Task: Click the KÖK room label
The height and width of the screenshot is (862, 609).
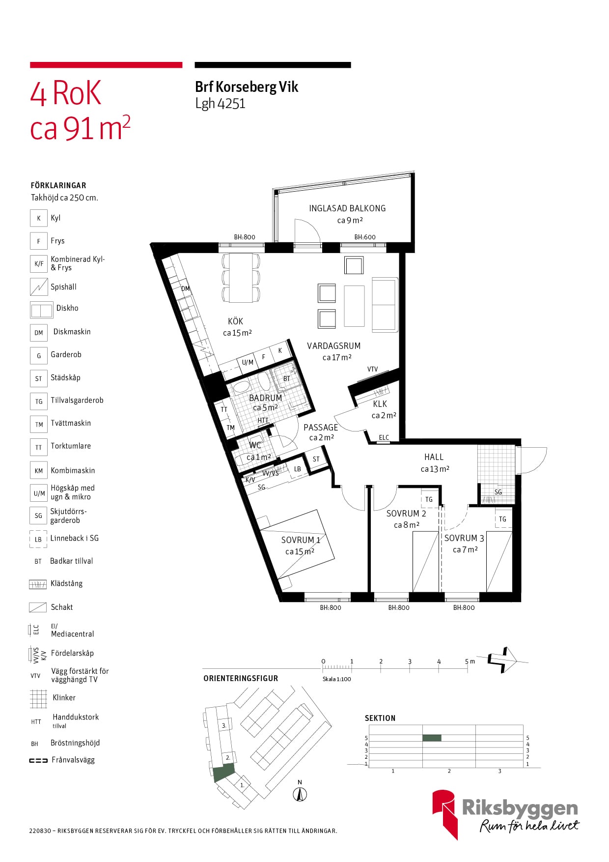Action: pos(236,321)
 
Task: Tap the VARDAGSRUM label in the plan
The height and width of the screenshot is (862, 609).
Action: pos(334,346)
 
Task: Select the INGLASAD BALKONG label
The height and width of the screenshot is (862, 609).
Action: pos(347,208)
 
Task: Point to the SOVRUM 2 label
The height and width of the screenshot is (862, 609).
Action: pos(406,514)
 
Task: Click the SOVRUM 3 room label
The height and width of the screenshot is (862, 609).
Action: pos(464,538)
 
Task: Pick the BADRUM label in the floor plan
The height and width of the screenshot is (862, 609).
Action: pos(266,398)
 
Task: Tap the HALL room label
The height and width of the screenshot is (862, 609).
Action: pos(434,457)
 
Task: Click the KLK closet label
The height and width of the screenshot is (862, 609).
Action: pos(380,404)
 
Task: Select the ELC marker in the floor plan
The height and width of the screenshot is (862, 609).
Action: pos(384,437)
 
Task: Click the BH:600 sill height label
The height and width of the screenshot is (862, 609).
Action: pos(365,237)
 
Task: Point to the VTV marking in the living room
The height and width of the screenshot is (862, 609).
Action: pos(373,369)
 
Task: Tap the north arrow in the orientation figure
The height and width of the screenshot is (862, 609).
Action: pos(300,794)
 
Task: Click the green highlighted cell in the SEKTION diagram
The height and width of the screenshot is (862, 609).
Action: pos(432,738)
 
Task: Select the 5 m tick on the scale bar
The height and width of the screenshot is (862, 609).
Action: pos(467,664)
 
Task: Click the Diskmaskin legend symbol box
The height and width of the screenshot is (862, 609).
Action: pos(39,333)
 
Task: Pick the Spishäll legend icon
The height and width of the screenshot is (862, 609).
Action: pos(39,287)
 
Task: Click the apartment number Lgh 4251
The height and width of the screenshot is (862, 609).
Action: pos(220,104)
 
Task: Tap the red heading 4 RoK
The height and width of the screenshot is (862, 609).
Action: pos(66,93)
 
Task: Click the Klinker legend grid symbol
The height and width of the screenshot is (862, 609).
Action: pos(38,698)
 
